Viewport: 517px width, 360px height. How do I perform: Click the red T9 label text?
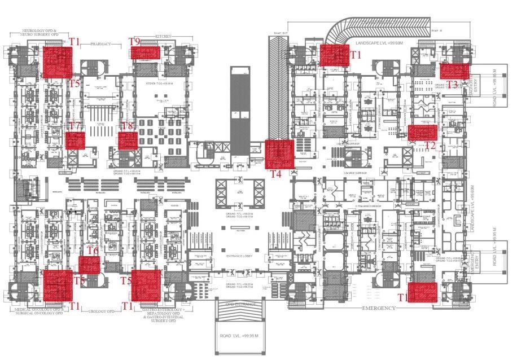134,41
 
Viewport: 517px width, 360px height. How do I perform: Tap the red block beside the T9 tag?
147,53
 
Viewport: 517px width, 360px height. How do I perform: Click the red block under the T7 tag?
75,140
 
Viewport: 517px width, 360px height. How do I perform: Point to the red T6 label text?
93,251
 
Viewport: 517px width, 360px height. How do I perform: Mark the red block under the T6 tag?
89,265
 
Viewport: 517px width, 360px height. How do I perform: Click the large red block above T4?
280,153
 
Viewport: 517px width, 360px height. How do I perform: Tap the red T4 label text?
275,174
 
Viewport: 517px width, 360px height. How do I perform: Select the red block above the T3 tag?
454,71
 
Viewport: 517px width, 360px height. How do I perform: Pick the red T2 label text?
430,146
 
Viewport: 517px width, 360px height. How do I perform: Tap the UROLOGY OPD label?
102,311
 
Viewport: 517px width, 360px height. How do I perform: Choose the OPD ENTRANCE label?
242,305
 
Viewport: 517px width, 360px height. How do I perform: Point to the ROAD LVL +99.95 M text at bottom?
239,336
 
